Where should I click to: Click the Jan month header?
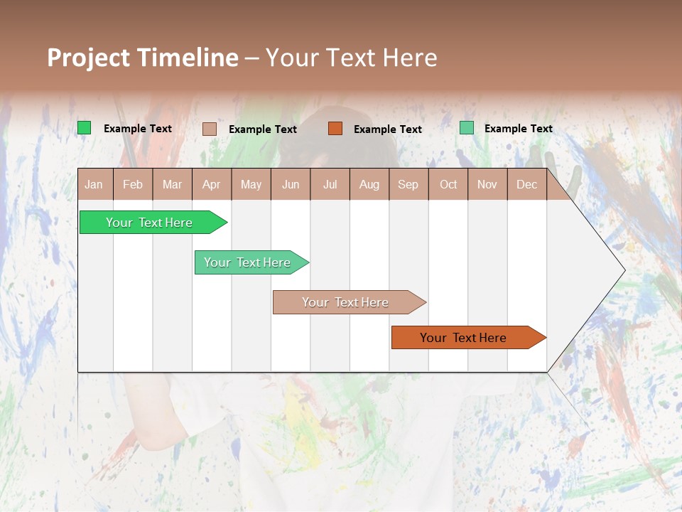click(94, 184)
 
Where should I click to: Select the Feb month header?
click(133, 184)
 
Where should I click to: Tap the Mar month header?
click(172, 184)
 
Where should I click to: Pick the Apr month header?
click(212, 184)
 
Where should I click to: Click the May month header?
click(251, 184)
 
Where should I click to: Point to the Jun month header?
click(291, 184)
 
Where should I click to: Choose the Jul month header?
click(330, 184)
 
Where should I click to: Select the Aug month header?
click(369, 184)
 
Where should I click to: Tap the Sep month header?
click(408, 184)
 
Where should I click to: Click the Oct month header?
click(448, 184)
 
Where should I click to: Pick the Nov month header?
click(487, 184)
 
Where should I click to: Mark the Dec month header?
click(527, 184)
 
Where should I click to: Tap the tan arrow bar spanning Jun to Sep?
click(346, 302)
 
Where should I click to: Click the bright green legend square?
click(85, 128)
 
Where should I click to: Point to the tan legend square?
click(210, 129)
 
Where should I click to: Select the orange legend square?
click(335, 128)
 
